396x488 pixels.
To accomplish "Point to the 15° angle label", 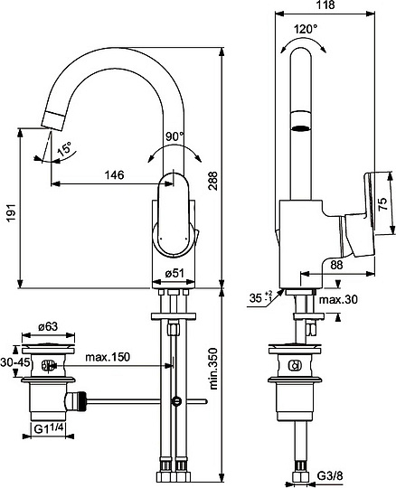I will (x=64, y=149).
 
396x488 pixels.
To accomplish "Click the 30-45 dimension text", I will (x=15, y=362).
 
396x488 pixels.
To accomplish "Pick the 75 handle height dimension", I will (x=382, y=203).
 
